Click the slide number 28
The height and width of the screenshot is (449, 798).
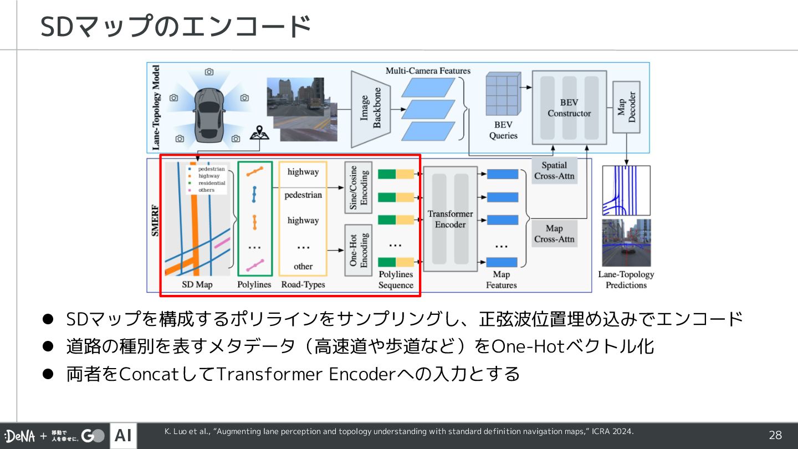775,436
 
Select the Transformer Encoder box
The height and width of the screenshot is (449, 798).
450,219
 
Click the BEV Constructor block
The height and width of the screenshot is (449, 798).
569,108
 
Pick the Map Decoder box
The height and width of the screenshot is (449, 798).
626,107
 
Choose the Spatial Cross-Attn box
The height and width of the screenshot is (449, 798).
554,171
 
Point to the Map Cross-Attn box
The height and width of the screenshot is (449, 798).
554,233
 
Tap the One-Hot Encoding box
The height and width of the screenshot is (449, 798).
359,250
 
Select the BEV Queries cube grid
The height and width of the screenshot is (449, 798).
503,94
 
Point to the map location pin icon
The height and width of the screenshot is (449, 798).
255,133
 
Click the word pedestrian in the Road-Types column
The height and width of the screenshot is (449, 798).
303,195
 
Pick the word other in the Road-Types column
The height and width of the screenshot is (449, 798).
303,266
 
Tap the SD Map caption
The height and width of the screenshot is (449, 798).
197,284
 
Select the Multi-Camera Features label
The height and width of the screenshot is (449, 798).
428,71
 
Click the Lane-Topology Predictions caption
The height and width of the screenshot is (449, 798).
626,279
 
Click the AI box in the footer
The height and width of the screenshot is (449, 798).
123,436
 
